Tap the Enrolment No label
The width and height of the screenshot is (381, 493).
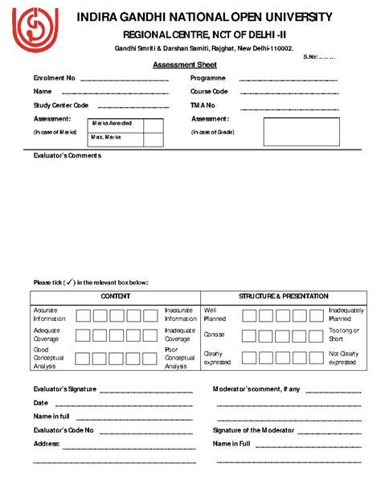tap(54, 78)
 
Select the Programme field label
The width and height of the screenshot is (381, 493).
tap(207, 78)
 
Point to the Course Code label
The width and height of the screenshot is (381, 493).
tap(209, 92)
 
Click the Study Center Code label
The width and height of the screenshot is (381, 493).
tap(60, 105)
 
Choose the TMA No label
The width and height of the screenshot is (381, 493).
tap(203, 105)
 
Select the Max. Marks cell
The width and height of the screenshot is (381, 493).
tap(107, 138)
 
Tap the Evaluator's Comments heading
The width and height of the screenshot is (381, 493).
tap(67, 156)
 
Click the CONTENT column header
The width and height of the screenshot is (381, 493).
tap(116, 297)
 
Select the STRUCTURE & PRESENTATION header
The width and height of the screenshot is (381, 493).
tap(284, 297)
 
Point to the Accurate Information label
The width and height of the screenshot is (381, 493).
tap(50, 314)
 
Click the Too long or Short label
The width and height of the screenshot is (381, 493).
tap(344, 334)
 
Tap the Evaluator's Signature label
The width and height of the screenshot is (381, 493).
tap(65, 389)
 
